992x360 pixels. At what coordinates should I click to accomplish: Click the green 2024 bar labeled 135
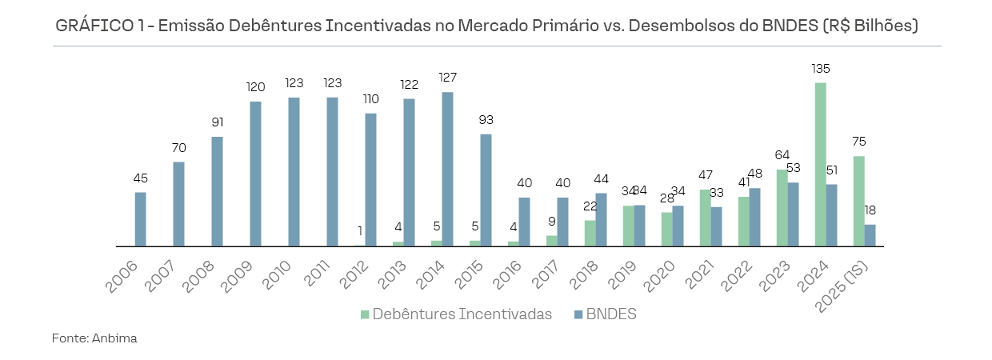(820, 164)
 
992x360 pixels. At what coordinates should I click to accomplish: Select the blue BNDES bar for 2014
(447, 169)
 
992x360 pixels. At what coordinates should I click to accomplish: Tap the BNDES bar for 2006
(140, 218)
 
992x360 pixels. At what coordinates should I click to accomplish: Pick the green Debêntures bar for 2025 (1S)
(858, 201)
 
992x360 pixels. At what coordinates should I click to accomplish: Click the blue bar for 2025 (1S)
(870, 235)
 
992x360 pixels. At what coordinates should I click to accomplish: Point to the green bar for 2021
(705, 218)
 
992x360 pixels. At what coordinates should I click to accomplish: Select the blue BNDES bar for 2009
(255, 174)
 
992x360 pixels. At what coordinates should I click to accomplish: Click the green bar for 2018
(590, 233)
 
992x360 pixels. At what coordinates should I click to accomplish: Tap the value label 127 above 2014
(447, 78)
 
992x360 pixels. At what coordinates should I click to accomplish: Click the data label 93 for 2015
(486, 120)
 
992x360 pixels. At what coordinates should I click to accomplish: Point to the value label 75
(858, 142)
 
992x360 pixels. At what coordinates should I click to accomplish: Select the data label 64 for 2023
(782, 155)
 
